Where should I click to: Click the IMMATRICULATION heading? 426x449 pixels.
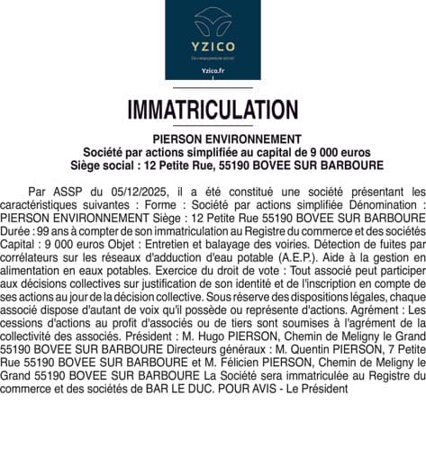point(213,110)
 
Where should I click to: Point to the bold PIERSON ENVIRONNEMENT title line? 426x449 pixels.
point(213,139)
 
